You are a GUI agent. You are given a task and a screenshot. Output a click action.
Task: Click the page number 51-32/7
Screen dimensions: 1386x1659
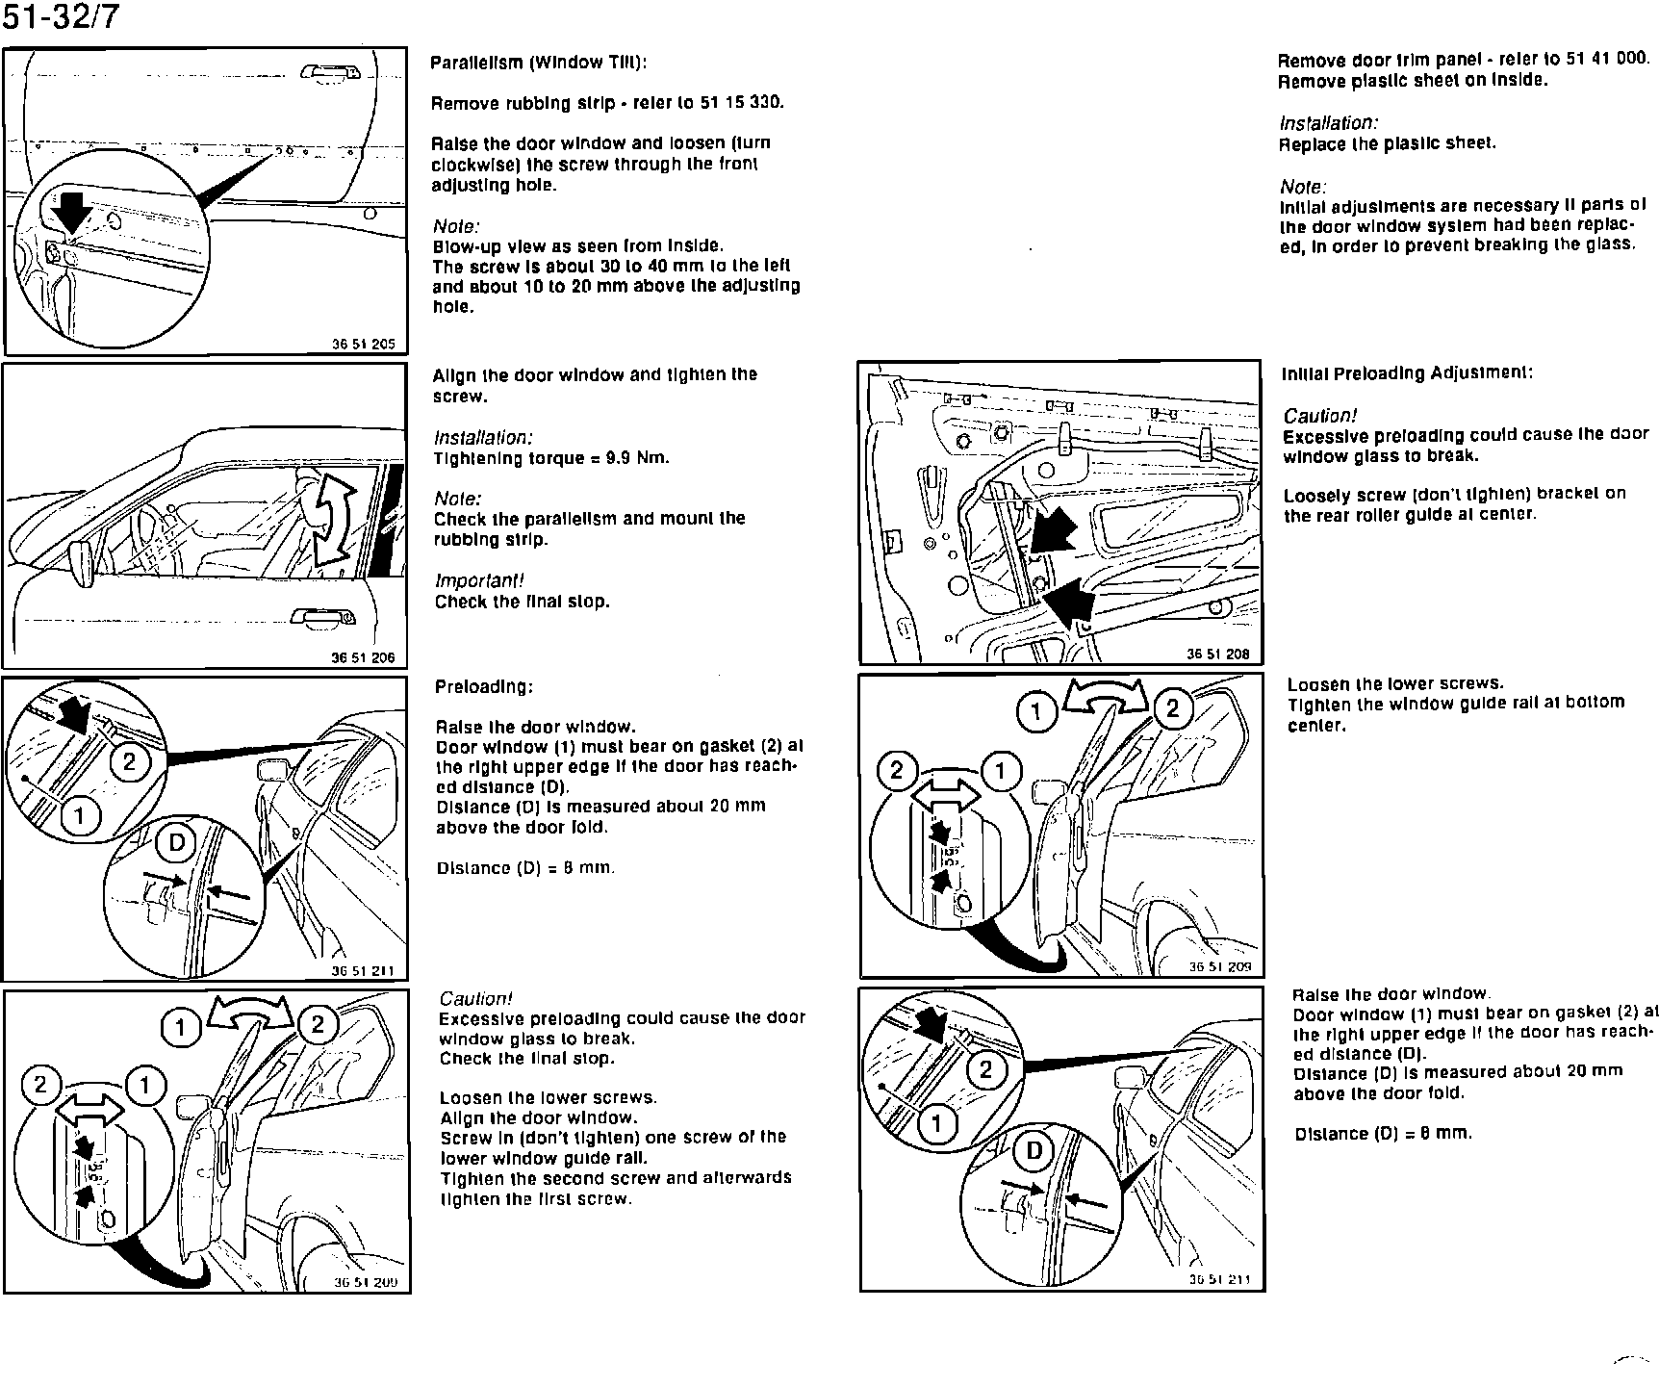pos(62,17)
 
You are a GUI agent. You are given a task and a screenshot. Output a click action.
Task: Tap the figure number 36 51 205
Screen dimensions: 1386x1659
pos(363,344)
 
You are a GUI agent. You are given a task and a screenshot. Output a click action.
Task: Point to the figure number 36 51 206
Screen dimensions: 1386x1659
pos(363,658)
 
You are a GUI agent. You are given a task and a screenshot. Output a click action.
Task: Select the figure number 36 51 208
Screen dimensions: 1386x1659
pos(1217,654)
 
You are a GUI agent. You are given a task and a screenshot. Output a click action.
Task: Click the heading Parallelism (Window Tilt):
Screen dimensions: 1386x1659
pos(539,63)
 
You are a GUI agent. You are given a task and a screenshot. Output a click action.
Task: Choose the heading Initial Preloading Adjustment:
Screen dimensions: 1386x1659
pos(1407,373)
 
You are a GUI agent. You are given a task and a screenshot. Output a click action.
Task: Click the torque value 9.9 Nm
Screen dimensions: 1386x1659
pos(634,458)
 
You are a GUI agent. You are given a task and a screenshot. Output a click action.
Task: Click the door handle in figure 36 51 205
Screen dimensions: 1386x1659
pos(330,72)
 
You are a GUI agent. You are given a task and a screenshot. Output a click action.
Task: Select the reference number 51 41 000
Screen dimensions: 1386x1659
pos(1607,59)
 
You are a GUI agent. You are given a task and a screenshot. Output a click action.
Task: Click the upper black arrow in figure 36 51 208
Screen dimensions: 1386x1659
pos(1056,530)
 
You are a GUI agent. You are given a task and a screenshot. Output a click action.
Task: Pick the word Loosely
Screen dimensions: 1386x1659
pos(1316,495)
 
